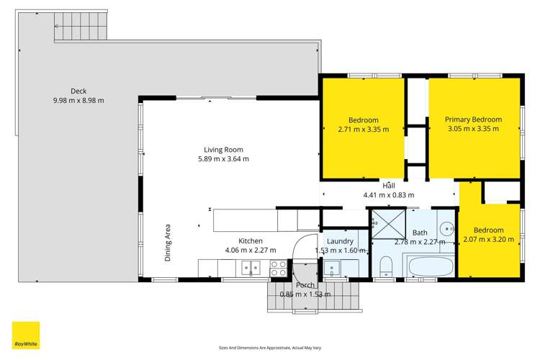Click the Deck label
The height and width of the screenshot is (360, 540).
pos(78,91)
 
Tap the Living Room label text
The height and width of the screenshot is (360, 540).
pos(218,150)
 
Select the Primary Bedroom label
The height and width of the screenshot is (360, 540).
pos(473,120)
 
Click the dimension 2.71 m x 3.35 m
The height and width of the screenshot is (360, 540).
pos(364,130)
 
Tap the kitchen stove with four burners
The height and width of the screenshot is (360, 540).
pos(278,269)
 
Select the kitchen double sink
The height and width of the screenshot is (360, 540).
pos(251,269)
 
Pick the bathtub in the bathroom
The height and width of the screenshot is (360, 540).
pos(429,269)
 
